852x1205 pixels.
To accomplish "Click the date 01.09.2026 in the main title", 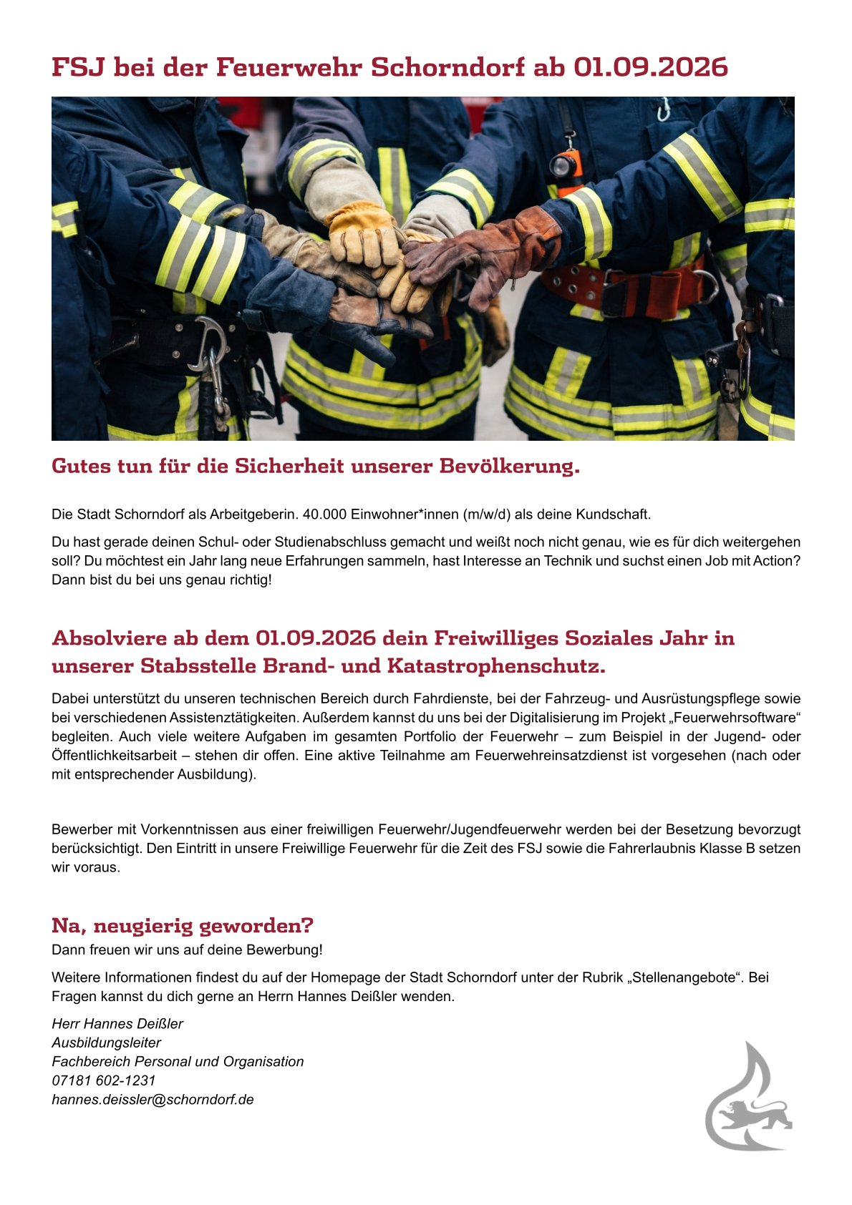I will coord(650,67).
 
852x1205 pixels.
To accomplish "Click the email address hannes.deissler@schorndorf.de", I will coord(153,1099).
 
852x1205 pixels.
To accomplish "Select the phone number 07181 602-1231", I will coord(103,1080).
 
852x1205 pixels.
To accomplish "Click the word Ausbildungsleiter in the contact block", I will coord(106,1043).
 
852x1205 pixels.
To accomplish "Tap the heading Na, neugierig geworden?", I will coord(183,925).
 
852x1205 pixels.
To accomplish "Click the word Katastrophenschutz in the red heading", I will coord(495,666).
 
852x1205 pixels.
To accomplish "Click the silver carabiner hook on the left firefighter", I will coord(208,342).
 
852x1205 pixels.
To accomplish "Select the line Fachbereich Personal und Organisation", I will coord(178,1061).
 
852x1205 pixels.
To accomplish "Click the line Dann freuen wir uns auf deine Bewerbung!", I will coord(187,950).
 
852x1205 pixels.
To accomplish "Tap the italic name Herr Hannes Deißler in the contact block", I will coord(117,1023).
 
